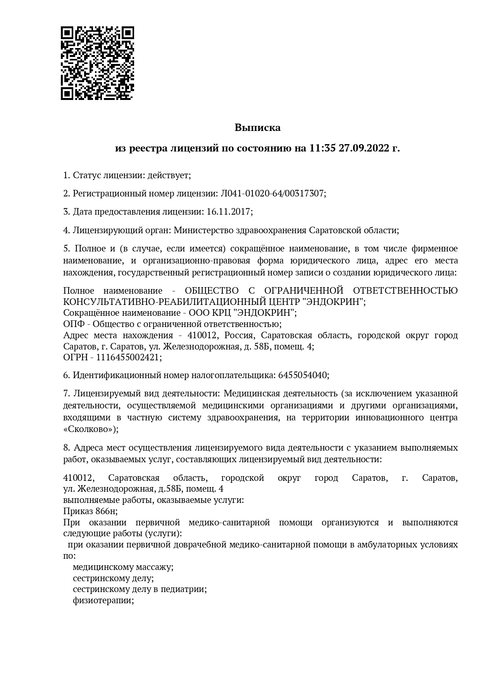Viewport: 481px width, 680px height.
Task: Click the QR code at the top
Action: pyautogui.click(x=97, y=63)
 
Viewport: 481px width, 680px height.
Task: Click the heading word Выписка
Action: pyautogui.click(x=257, y=127)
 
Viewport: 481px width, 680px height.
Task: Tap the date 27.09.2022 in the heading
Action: pyautogui.click(x=363, y=148)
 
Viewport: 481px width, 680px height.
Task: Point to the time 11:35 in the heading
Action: pyautogui.click(x=322, y=148)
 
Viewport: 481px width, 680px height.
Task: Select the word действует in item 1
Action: pyautogui.click(x=168, y=175)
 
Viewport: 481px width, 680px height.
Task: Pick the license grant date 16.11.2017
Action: pyautogui.click(x=229, y=212)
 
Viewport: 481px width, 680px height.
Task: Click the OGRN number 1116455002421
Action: pyautogui.click(x=128, y=357)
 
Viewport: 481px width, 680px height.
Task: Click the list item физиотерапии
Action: pyautogui.click(x=103, y=601)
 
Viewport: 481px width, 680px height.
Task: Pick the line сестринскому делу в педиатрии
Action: pyautogui.click(x=139, y=589)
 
